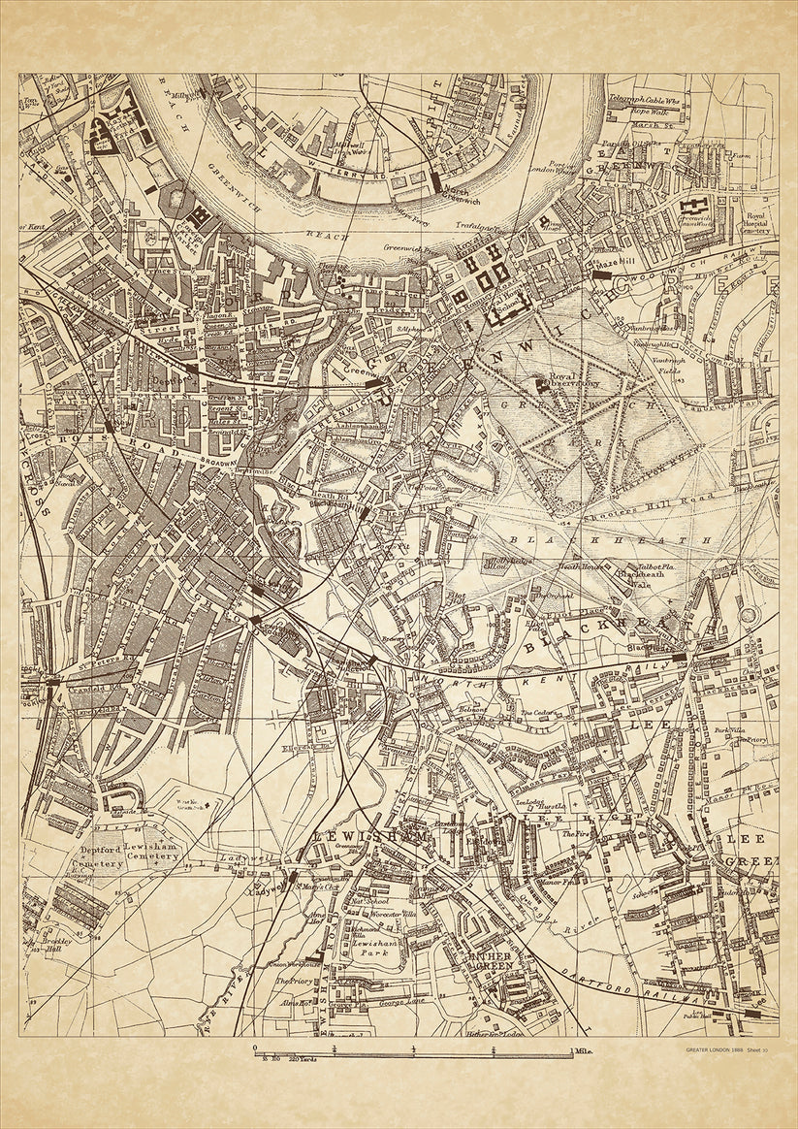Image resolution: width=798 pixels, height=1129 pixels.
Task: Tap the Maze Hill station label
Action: [615, 263]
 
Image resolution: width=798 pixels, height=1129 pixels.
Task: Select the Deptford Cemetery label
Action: [100, 851]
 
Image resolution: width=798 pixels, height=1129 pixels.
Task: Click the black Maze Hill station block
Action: [601, 275]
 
